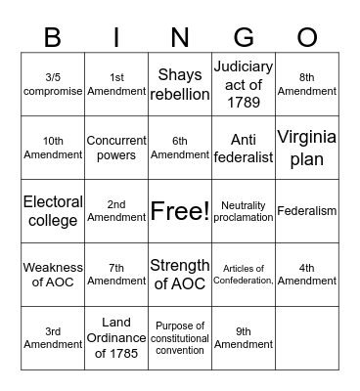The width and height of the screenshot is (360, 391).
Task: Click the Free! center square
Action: (x=180, y=211)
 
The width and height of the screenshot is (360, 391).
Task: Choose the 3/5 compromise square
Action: (x=53, y=83)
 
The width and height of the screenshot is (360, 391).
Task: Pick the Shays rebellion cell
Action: (x=180, y=83)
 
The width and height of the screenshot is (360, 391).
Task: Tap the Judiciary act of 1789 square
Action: (x=244, y=83)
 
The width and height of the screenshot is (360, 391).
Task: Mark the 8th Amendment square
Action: (x=307, y=83)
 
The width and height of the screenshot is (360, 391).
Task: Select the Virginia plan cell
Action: (x=307, y=147)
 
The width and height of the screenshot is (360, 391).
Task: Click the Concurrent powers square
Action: (x=116, y=147)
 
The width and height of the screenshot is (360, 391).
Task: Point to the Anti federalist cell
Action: (x=244, y=147)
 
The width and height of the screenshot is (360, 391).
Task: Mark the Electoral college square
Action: (x=53, y=211)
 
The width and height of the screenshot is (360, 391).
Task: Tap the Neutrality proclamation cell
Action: (x=244, y=211)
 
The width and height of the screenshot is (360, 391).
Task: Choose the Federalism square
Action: (x=307, y=211)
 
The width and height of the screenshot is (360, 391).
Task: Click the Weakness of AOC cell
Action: (x=53, y=275)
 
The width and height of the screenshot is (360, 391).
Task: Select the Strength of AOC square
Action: (x=180, y=275)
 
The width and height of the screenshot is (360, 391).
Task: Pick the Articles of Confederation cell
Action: (x=244, y=275)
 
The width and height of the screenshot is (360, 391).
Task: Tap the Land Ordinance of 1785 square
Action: (x=116, y=338)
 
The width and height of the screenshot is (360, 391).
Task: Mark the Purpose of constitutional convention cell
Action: (x=180, y=338)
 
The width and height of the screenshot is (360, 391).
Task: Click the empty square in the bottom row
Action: (x=307, y=338)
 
